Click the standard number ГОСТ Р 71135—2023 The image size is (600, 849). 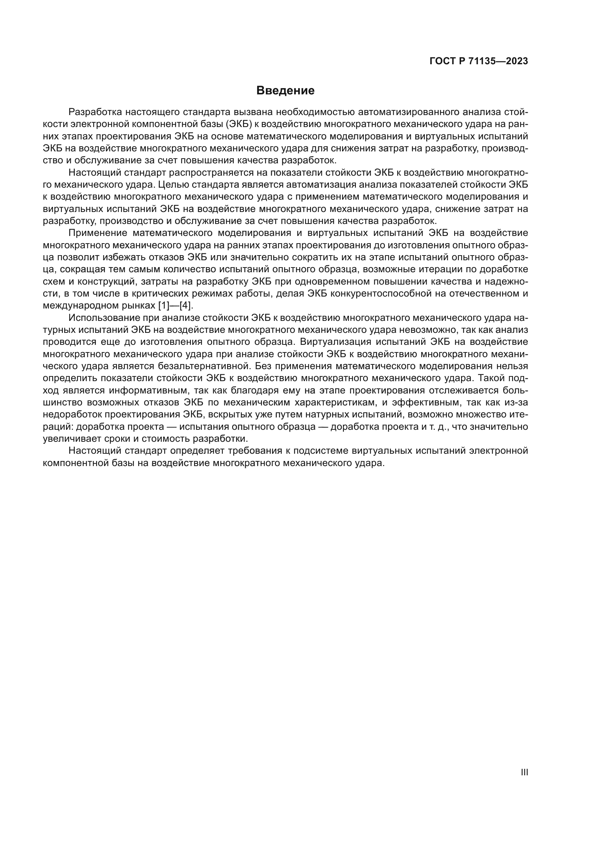478,61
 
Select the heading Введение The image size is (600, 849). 285,91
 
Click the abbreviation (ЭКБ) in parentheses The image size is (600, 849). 239,124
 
